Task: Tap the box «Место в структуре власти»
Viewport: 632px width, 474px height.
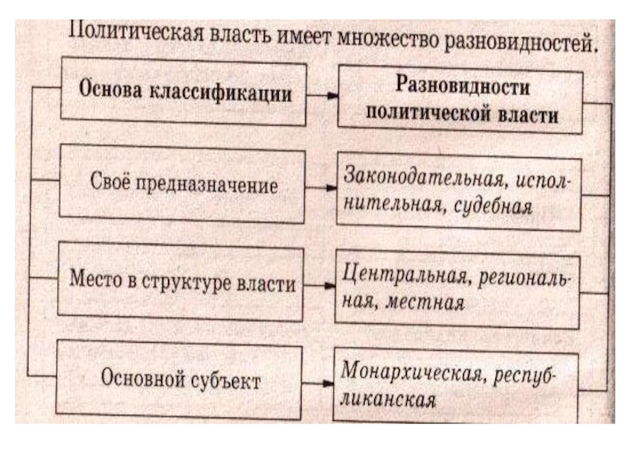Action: pos(182,283)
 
